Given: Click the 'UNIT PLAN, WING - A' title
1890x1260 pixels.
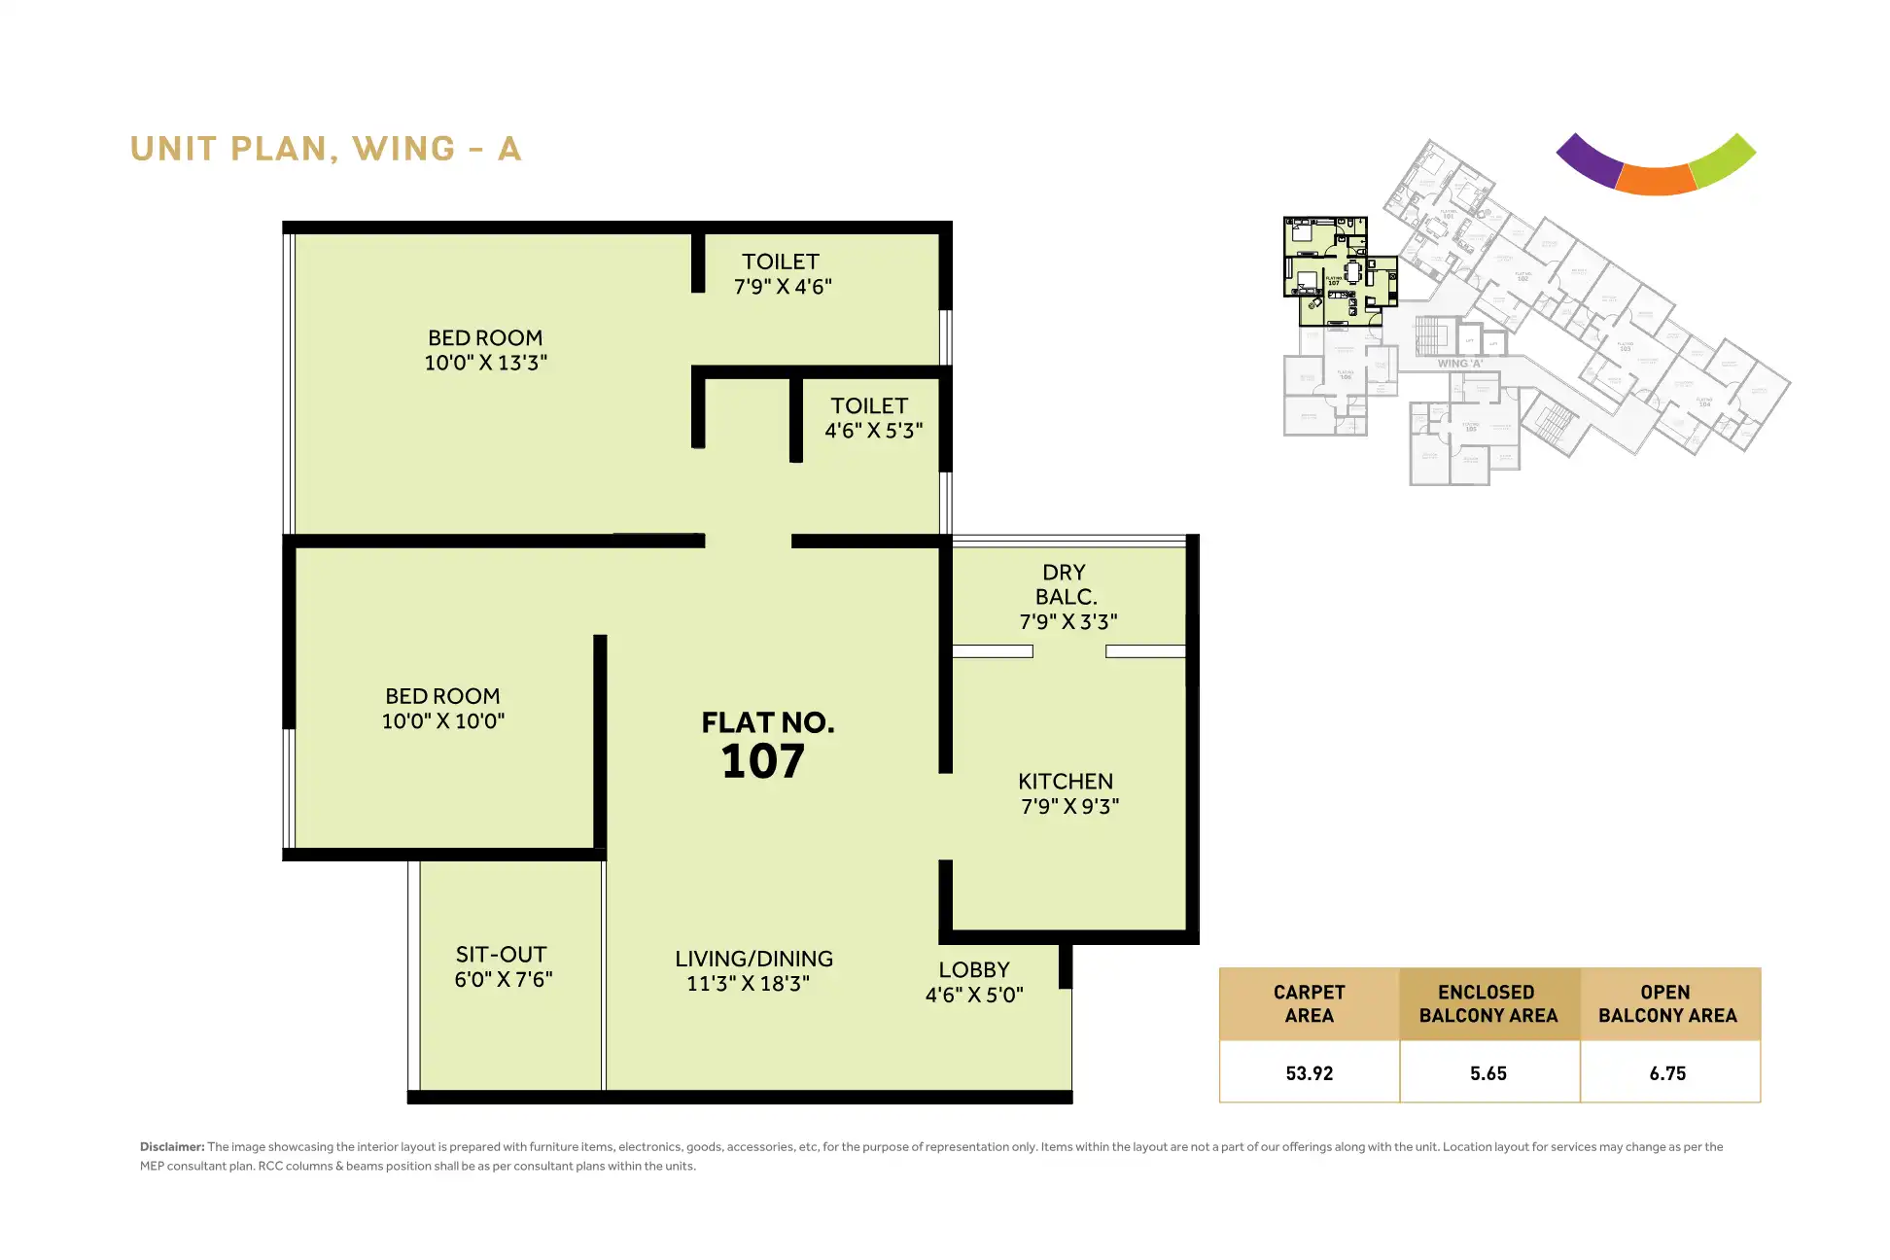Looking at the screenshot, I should coord(326,149).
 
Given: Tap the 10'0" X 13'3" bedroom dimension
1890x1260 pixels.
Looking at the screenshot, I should coord(485,363).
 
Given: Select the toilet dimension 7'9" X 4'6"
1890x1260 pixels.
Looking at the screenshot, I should coord(783,287).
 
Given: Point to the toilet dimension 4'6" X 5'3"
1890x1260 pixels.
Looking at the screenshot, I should coord(873,430).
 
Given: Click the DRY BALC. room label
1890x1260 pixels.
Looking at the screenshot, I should coord(1066,584).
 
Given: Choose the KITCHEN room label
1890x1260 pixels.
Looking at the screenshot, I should coord(1066,782).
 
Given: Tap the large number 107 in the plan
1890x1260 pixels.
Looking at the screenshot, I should coord(763,761).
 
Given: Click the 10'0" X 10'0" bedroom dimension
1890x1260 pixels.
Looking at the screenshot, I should coord(443,721).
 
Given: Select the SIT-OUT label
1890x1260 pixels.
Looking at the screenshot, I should coord(502,955).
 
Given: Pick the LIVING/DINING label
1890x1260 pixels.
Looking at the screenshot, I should coord(753,959).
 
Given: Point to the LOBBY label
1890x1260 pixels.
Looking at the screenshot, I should coord(974,970).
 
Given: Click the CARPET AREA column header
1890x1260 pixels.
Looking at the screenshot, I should coord(1309,1003).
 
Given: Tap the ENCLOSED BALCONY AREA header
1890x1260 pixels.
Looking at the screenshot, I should coord(1487,1003).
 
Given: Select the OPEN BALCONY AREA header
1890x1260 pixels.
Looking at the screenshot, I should coord(1667,1003).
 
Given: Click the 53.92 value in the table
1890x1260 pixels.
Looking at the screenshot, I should coord(1309,1073).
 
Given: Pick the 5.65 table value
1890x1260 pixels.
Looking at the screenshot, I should coord(1487,1073).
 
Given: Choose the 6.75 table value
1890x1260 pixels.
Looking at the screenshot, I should coord(1667,1073).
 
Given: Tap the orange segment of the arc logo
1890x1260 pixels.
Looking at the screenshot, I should coord(1657,180).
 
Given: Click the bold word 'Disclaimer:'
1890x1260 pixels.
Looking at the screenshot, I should coord(172,1147).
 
